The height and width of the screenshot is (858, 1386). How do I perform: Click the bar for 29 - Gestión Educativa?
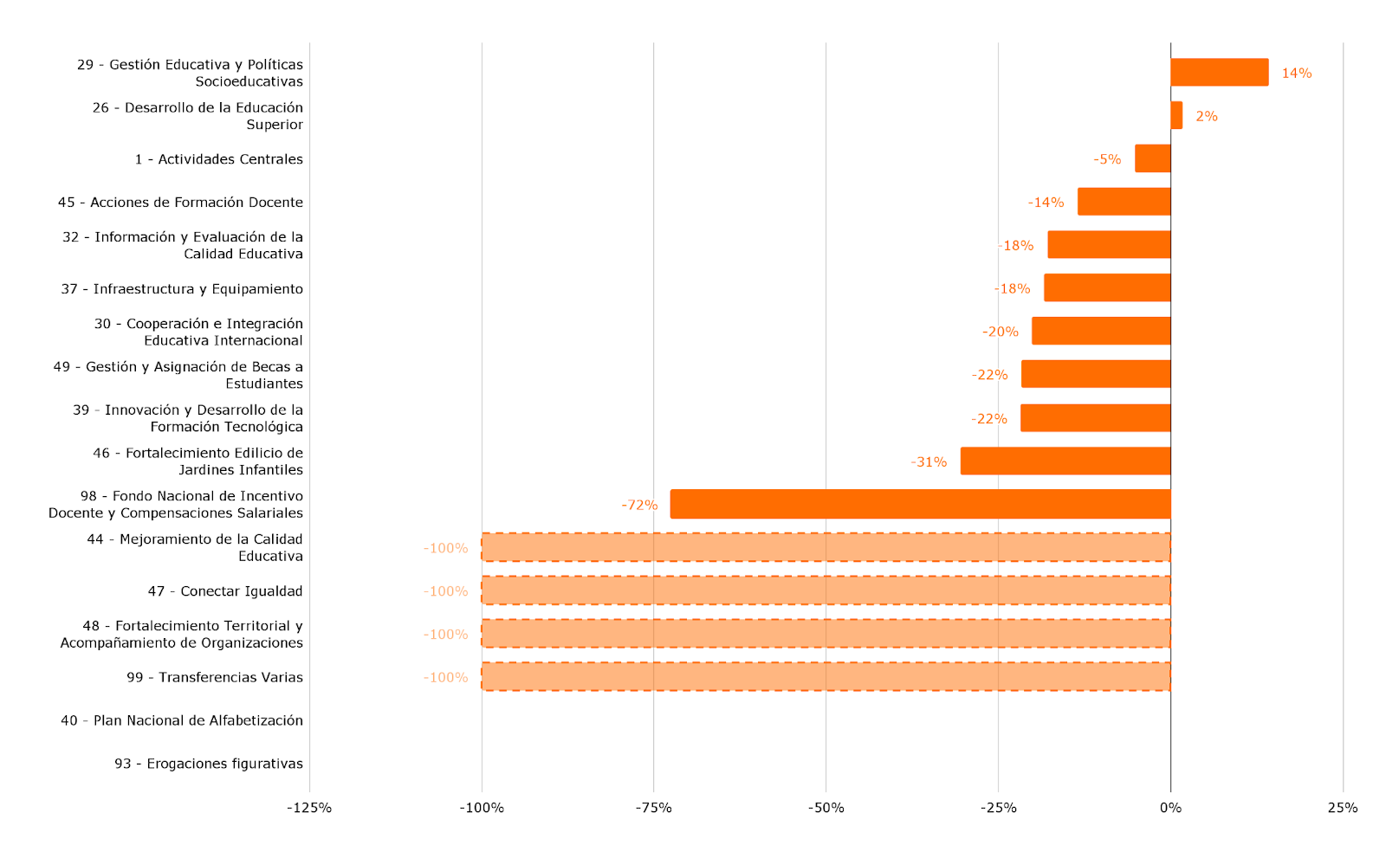coord(1219,73)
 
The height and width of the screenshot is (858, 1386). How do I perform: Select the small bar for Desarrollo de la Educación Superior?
coord(1176,116)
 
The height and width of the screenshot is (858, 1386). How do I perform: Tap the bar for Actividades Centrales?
coord(1153,158)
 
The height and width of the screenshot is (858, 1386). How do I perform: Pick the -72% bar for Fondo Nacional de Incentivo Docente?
coord(920,504)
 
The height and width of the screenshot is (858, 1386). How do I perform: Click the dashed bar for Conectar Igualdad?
coord(826,590)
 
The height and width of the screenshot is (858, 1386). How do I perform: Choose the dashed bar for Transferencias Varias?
coord(826,677)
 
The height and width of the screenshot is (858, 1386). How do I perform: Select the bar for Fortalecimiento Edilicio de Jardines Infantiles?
coord(1065,461)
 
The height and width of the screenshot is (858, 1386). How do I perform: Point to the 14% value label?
coord(1296,73)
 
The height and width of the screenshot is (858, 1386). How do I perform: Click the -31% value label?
coord(929,462)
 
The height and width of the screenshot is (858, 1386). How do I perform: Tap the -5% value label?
coord(1107,159)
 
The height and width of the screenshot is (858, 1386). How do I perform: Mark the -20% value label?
coord(1000,332)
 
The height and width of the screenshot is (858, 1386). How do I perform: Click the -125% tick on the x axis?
coord(309,808)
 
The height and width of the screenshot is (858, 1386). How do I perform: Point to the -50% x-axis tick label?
coord(826,808)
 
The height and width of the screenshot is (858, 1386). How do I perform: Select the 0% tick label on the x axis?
coord(1170,808)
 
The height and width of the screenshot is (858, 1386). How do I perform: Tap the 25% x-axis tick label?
coord(1343,808)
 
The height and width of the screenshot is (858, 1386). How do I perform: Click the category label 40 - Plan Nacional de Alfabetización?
coord(182,720)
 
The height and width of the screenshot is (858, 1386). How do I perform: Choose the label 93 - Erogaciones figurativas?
coord(209,764)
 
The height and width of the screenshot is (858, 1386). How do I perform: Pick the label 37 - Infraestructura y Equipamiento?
coord(182,289)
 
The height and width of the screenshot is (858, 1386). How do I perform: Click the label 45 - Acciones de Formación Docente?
coord(181,203)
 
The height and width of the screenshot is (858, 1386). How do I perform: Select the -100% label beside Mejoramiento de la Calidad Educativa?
coord(445,548)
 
